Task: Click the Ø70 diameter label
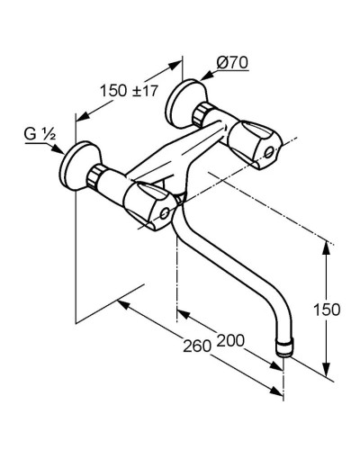[x=232, y=63]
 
